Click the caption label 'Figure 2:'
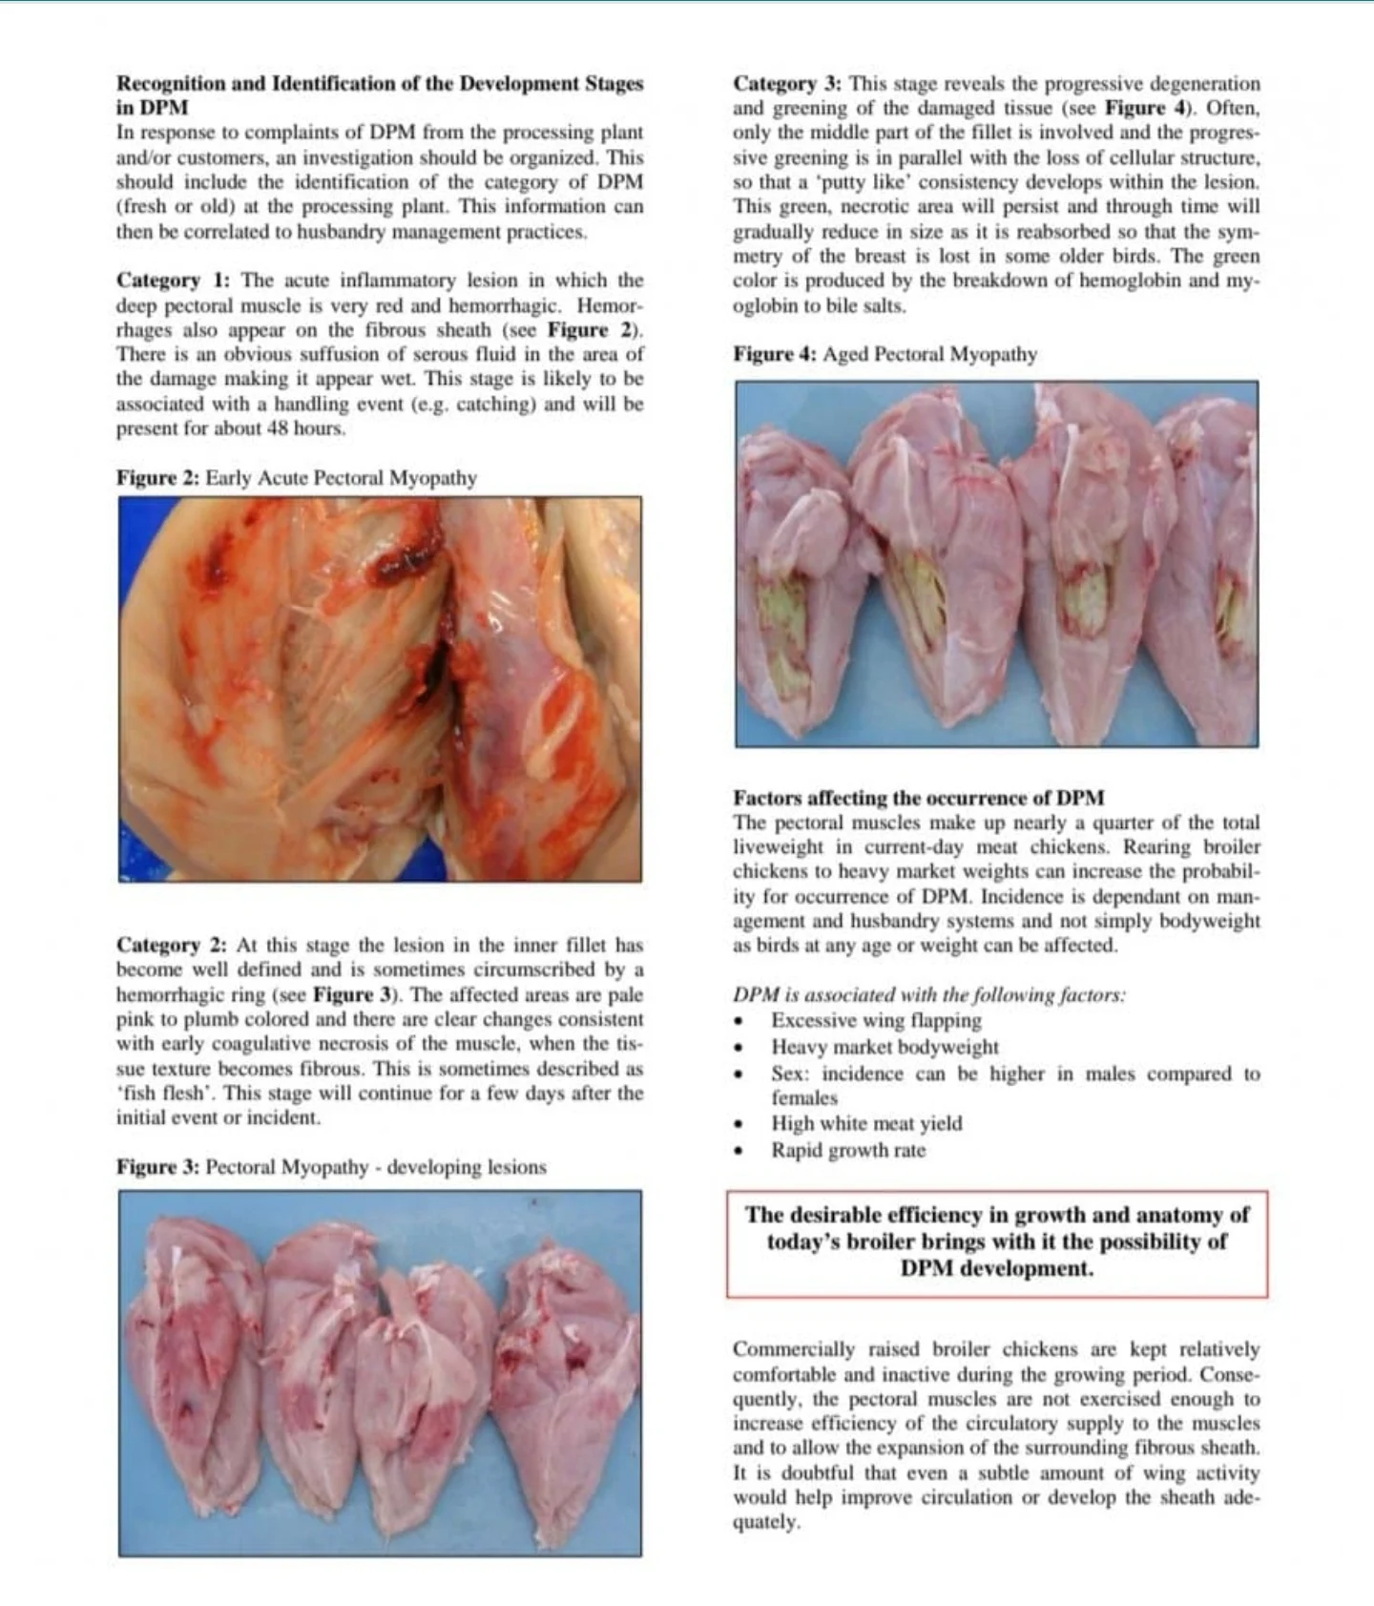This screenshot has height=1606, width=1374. (158, 478)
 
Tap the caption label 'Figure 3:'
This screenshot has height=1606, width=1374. (158, 1167)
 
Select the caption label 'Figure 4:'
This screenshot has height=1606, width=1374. (775, 354)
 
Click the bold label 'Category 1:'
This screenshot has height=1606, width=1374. (173, 281)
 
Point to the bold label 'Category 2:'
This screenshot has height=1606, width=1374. (173, 945)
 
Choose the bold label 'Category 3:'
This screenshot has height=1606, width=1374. (788, 84)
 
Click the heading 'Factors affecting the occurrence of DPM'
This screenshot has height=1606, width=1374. (918, 798)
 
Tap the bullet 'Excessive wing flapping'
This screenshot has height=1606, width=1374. (876, 1020)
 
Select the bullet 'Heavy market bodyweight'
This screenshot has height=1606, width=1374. (885, 1047)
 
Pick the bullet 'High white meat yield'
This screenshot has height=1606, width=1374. (866, 1123)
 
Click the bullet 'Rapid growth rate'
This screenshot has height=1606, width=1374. (848, 1150)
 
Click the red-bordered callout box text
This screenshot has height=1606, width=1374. (997, 1241)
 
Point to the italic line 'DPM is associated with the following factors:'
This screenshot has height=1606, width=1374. (928, 994)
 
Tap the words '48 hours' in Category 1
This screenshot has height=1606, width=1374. (305, 428)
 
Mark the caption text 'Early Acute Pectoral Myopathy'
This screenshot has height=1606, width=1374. (341, 478)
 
